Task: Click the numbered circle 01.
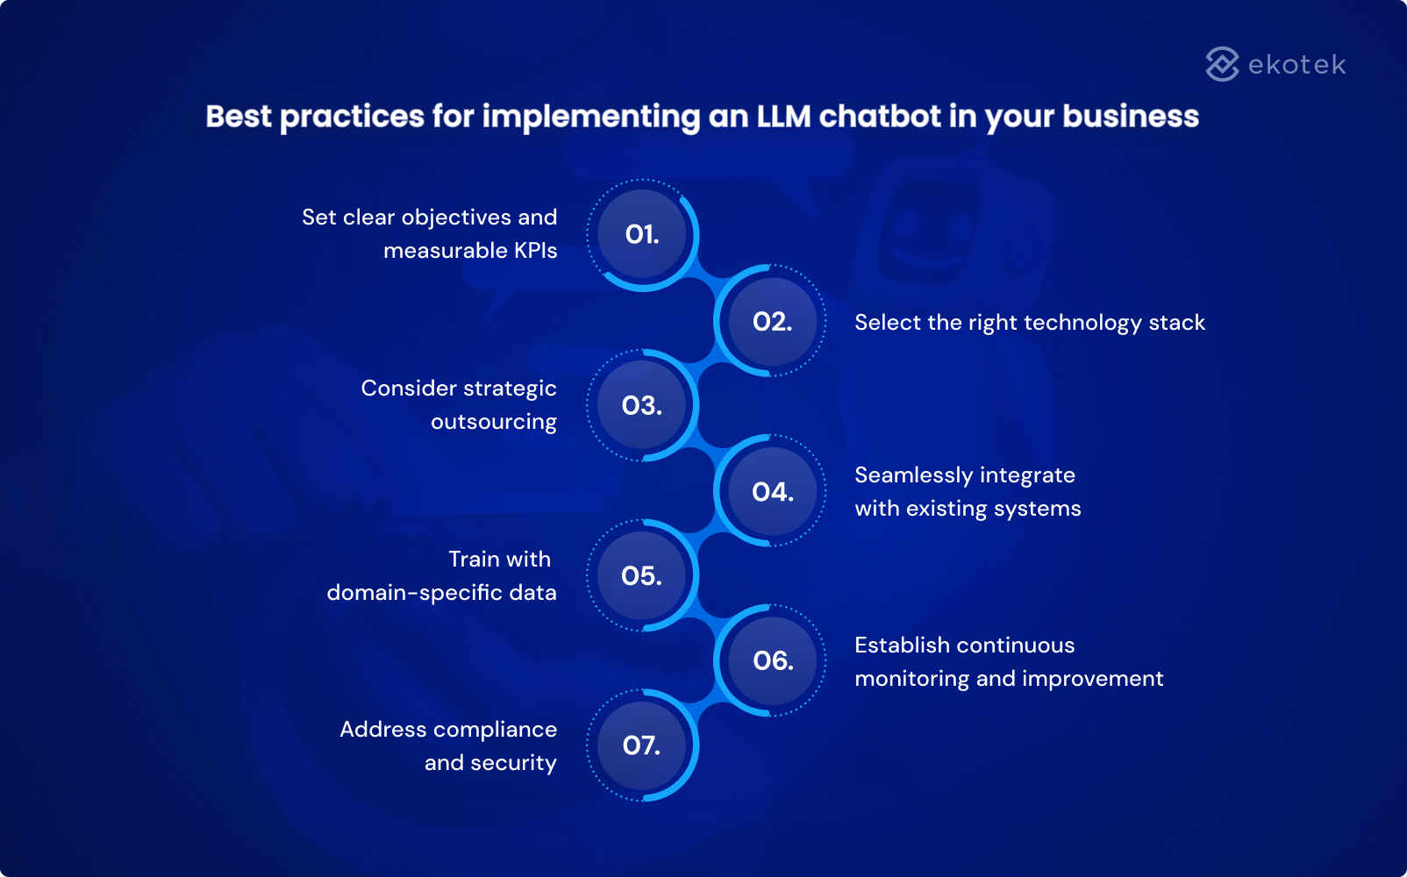(642, 234)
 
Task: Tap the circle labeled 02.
(772, 322)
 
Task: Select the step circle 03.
(642, 405)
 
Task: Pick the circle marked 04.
(772, 492)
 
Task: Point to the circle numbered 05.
(642, 575)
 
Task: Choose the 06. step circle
(772, 660)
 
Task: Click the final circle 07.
(642, 745)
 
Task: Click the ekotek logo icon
(1222, 64)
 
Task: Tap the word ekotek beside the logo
(1296, 65)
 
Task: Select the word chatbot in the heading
(880, 117)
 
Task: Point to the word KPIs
(535, 251)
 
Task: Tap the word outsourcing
(494, 422)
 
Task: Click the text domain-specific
(415, 593)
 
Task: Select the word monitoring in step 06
(912, 679)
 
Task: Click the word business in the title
(1130, 117)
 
